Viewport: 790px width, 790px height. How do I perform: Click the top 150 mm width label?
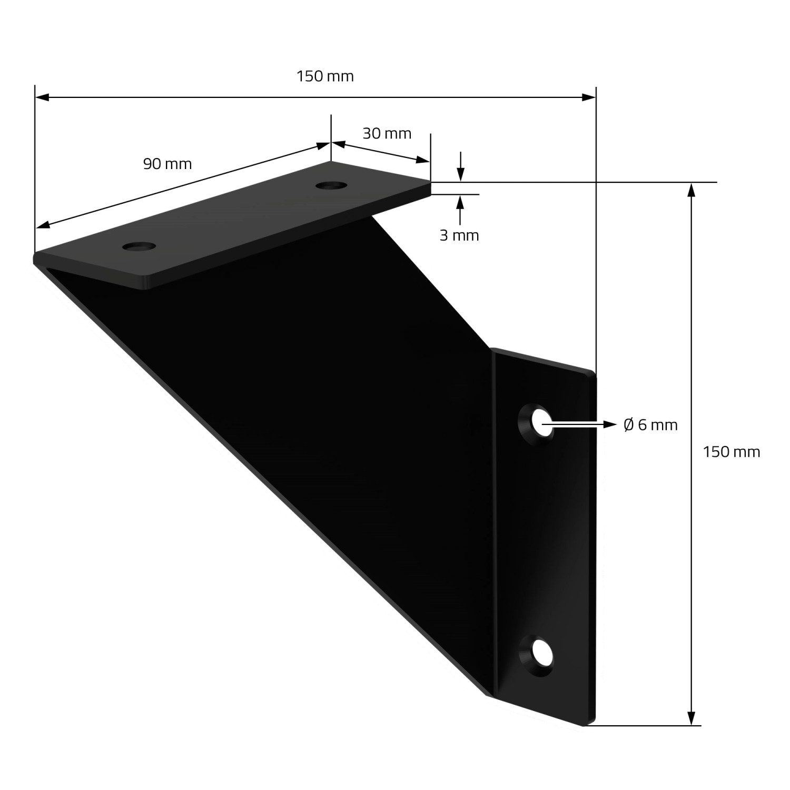click(325, 76)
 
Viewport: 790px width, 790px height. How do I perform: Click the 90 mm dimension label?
click(167, 164)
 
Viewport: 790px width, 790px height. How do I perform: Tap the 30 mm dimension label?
click(387, 133)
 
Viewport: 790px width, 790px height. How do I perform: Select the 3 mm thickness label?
click(459, 235)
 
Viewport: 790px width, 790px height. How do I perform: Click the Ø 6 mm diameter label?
click(650, 424)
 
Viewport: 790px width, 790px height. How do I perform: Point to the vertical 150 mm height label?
click(732, 452)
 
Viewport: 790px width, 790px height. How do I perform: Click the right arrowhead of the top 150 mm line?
click(588, 97)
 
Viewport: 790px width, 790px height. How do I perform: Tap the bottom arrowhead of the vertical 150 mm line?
click(692, 718)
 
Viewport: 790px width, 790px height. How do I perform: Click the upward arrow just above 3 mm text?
click(461, 202)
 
